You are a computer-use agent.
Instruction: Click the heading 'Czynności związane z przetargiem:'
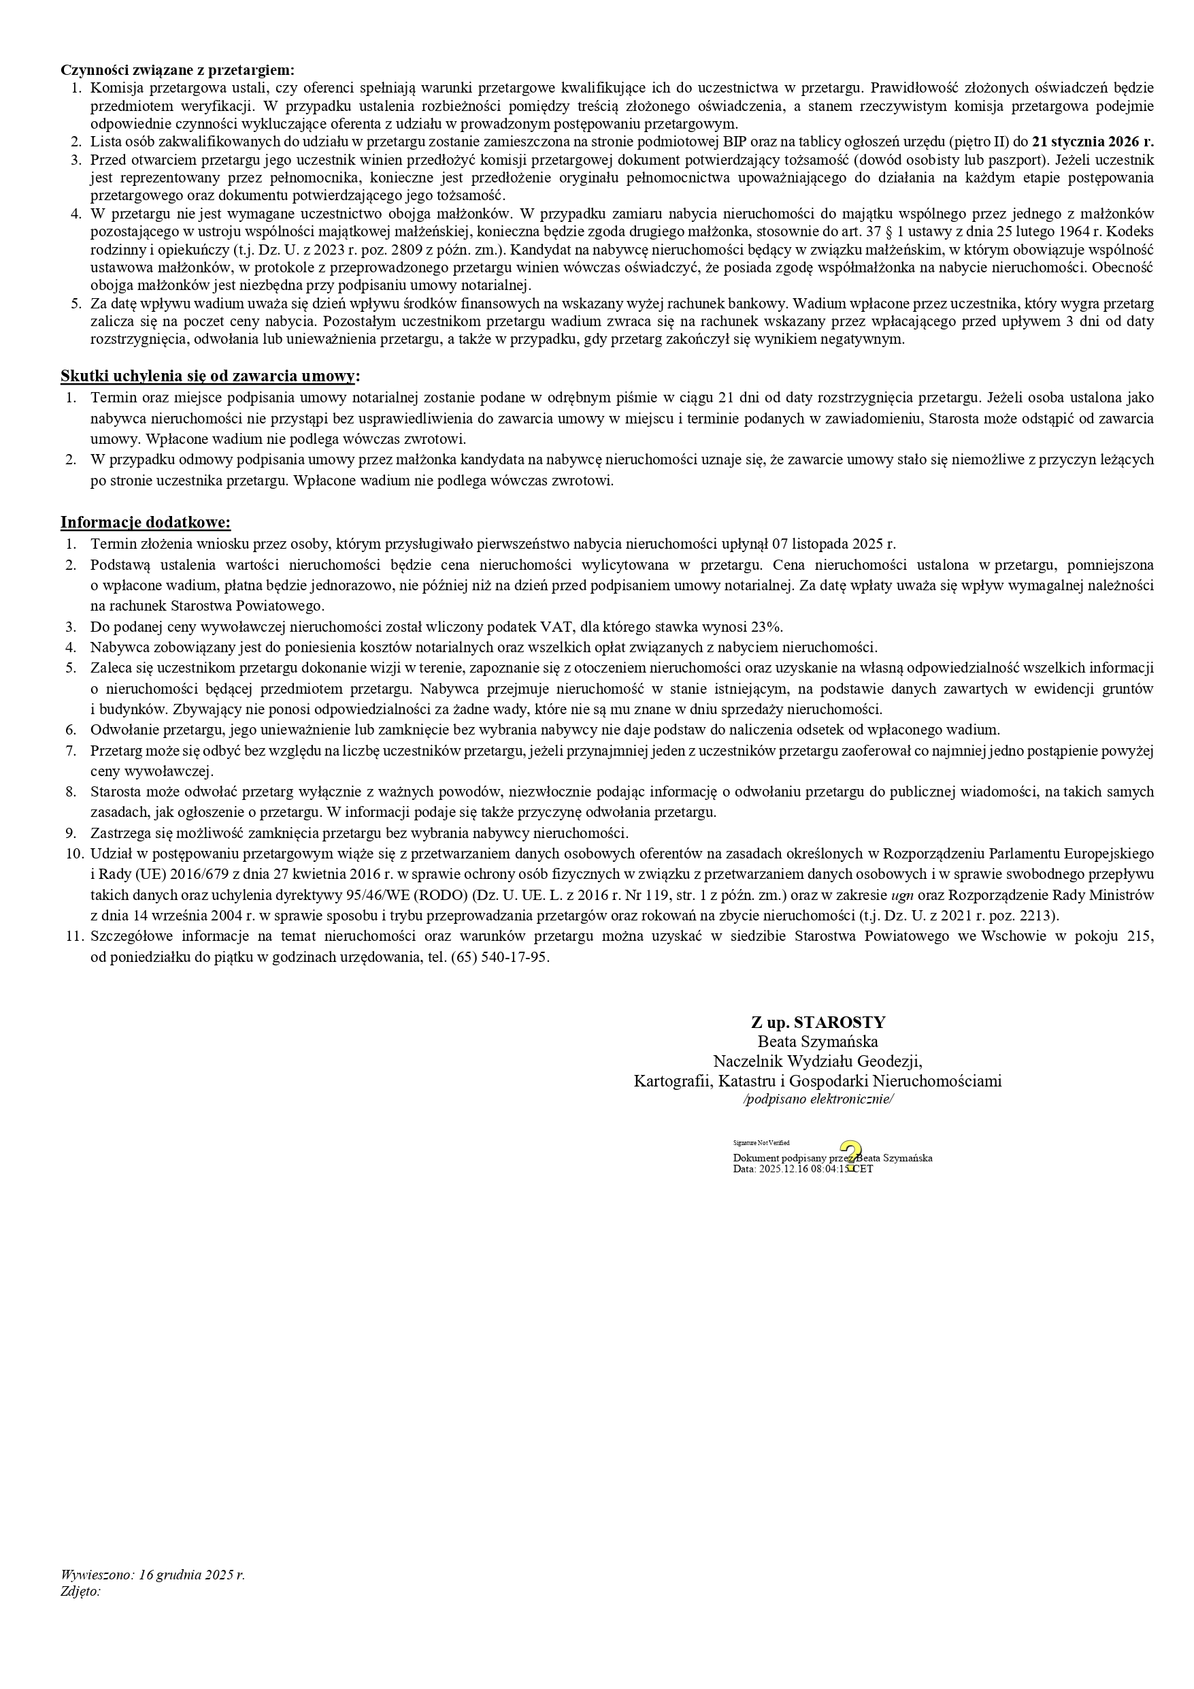(x=177, y=70)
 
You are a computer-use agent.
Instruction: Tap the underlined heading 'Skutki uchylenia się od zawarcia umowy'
(x=208, y=376)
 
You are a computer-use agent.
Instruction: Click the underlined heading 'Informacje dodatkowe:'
(x=146, y=522)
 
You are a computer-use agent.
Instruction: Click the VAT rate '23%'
(x=767, y=627)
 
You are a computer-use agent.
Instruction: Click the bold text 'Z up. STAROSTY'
(x=818, y=1022)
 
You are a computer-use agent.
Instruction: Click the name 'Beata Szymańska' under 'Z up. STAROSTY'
(x=818, y=1042)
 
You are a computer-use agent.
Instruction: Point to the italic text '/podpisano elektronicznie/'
(x=818, y=1099)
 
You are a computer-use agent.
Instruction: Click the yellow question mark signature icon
(x=850, y=1156)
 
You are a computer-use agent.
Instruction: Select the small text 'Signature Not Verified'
(x=761, y=1142)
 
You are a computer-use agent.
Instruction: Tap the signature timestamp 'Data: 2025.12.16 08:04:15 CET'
(x=803, y=1169)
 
